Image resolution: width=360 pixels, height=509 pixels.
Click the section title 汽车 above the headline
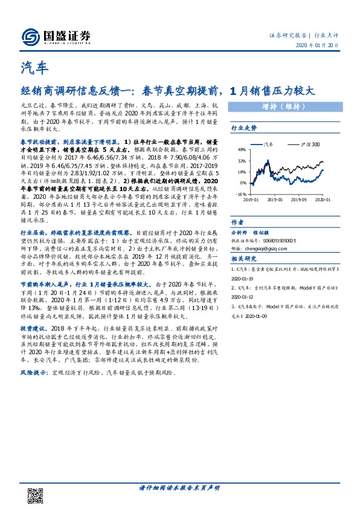click(x=33, y=68)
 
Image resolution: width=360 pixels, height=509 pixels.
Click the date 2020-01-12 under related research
click(x=244, y=297)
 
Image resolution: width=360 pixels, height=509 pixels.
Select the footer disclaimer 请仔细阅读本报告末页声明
click(x=179, y=487)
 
